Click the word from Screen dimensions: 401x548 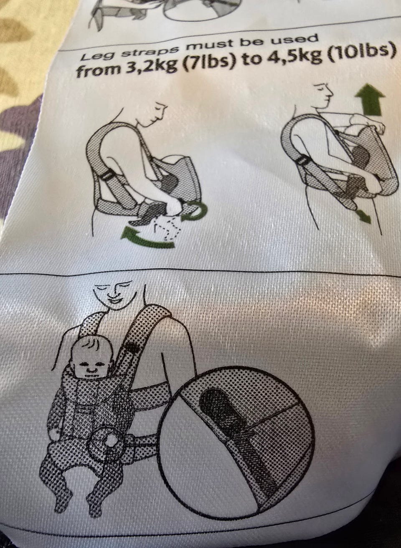99,71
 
